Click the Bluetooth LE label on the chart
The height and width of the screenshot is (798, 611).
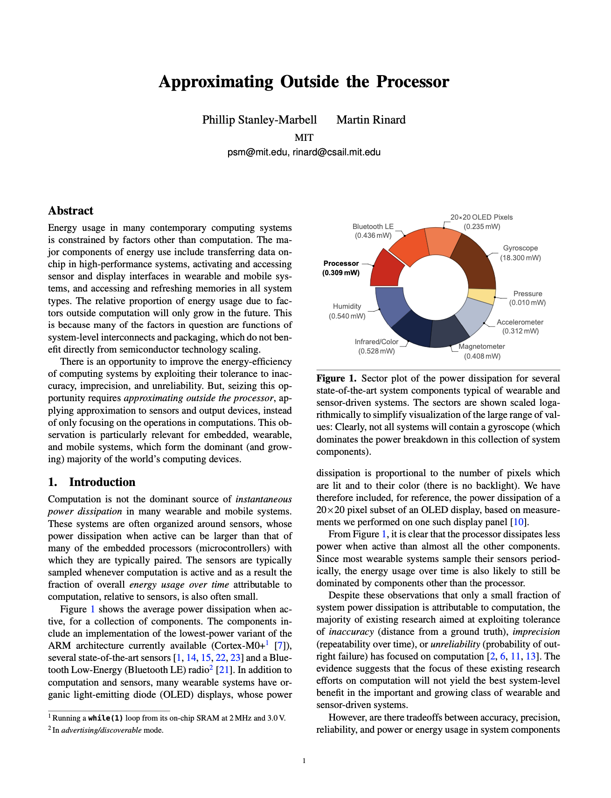[x=373, y=227]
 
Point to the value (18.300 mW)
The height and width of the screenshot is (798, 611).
[x=521, y=258]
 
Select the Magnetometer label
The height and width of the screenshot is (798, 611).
[x=481, y=347]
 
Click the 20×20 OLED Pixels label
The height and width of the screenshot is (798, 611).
[x=481, y=217]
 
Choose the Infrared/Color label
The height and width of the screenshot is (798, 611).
[x=376, y=342]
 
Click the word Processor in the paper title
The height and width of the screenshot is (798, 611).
[x=412, y=82]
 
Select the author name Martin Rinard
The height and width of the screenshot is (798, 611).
[x=371, y=120]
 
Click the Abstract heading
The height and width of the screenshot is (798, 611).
[x=70, y=211]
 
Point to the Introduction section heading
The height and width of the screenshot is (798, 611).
[x=102, y=482]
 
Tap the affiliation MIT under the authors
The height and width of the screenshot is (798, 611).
[x=304, y=138]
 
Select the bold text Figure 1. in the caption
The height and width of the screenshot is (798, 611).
[x=336, y=378]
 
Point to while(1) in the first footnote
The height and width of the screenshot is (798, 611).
[x=105, y=718]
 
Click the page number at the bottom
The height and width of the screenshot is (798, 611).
[x=304, y=761]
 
